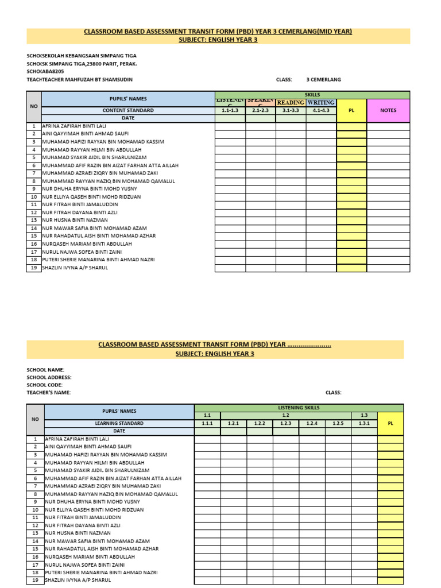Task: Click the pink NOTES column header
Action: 388,110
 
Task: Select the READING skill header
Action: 291,103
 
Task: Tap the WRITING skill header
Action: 321,103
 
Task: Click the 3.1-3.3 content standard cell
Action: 291,110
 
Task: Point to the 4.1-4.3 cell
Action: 321,110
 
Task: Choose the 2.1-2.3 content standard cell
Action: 261,110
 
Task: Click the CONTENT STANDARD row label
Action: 128,110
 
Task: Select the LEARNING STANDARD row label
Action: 119,423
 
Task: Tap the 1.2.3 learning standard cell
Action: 286,423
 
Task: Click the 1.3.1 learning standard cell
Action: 364,423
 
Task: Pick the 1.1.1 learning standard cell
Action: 207,423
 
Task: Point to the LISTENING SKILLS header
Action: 299,408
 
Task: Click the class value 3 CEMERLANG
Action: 323,80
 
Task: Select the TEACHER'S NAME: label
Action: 49,393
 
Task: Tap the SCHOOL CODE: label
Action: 46,385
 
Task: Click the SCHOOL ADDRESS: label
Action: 49,377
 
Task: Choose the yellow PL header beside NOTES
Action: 351,110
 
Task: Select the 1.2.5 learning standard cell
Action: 338,423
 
